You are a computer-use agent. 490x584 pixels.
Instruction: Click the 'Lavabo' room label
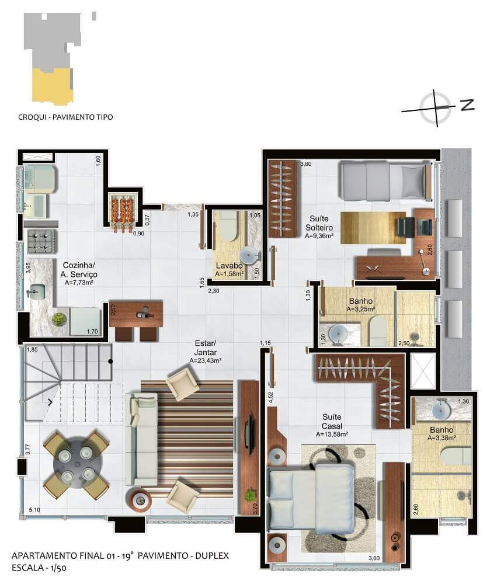229,266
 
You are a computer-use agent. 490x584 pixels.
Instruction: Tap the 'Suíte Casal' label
332,421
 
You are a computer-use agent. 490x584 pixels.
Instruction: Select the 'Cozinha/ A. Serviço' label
79,270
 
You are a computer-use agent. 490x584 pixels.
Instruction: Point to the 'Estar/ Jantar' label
205,347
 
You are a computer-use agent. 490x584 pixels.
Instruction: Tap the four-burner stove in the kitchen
41,241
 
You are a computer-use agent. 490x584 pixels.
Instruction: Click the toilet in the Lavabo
227,226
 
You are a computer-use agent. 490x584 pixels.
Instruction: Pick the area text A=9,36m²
319,236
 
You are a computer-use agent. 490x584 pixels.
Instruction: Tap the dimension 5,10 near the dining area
34,510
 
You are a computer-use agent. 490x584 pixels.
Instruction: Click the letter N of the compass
467,105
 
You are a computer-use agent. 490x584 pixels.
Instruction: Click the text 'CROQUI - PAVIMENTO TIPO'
65,117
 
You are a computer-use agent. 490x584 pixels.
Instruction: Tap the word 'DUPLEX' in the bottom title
212,556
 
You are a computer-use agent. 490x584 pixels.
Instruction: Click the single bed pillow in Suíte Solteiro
412,182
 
